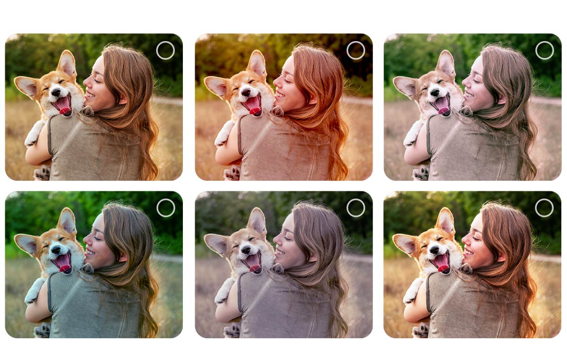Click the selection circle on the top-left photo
coord(165,50)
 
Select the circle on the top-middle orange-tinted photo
coord(355,50)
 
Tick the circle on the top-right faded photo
coord(544,50)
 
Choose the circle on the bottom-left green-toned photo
coord(165,208)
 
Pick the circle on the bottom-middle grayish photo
coord(355,208)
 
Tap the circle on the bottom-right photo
coord(544,208)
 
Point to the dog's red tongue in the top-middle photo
coord(255,110)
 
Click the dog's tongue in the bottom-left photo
coord(65,267)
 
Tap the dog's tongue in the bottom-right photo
coord(444,267)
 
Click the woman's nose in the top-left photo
coord(86,81)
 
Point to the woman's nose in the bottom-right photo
coord(464,239)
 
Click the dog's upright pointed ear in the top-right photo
coord(446,64)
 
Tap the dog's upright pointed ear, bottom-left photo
coord(67,221)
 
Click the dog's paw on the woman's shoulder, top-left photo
coord(87,111)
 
